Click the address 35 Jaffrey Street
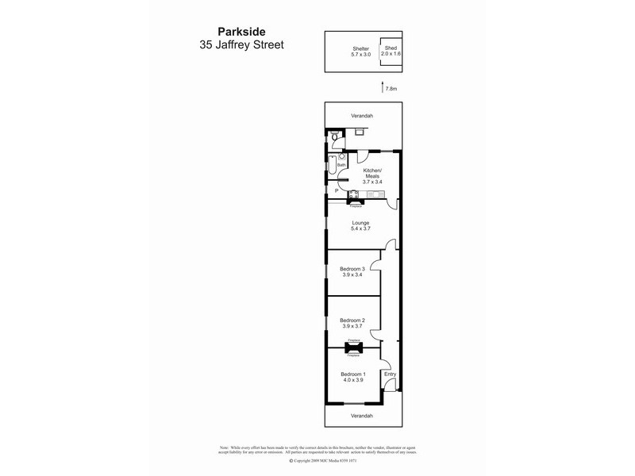[241, 46]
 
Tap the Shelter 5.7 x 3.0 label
[361, 52]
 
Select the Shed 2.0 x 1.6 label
[391, 51]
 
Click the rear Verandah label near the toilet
[362, 116]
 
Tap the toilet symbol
[336, 139]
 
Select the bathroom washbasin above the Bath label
[341, 157]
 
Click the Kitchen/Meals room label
[372, 175]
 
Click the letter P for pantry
[337, 191]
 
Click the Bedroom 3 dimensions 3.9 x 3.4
[351, 274]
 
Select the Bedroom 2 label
[351, 320]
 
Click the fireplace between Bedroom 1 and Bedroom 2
[354, 347]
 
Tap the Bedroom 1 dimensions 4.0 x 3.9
[352, 380]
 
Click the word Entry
[390, 374]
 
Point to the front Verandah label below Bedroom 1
[362, 415]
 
